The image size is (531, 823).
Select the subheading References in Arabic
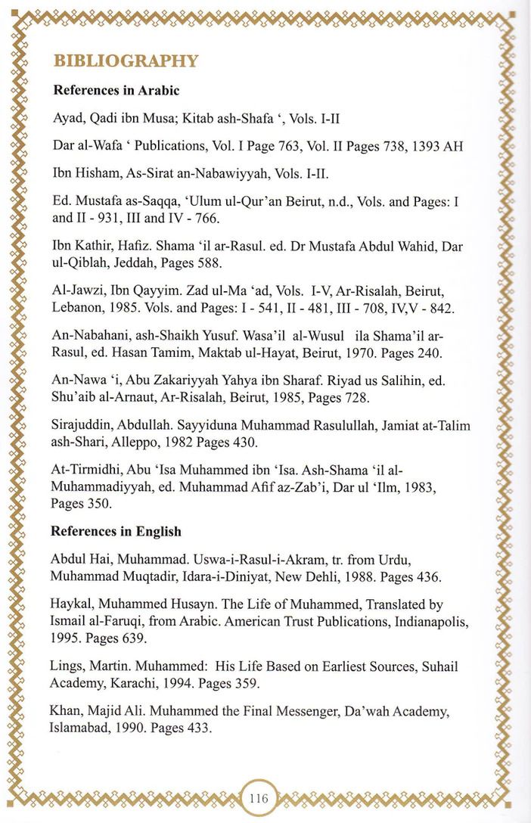point(116,91)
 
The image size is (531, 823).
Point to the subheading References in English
point(116,531)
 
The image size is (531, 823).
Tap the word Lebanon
point(75,309)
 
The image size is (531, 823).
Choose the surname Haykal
point(71,605)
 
